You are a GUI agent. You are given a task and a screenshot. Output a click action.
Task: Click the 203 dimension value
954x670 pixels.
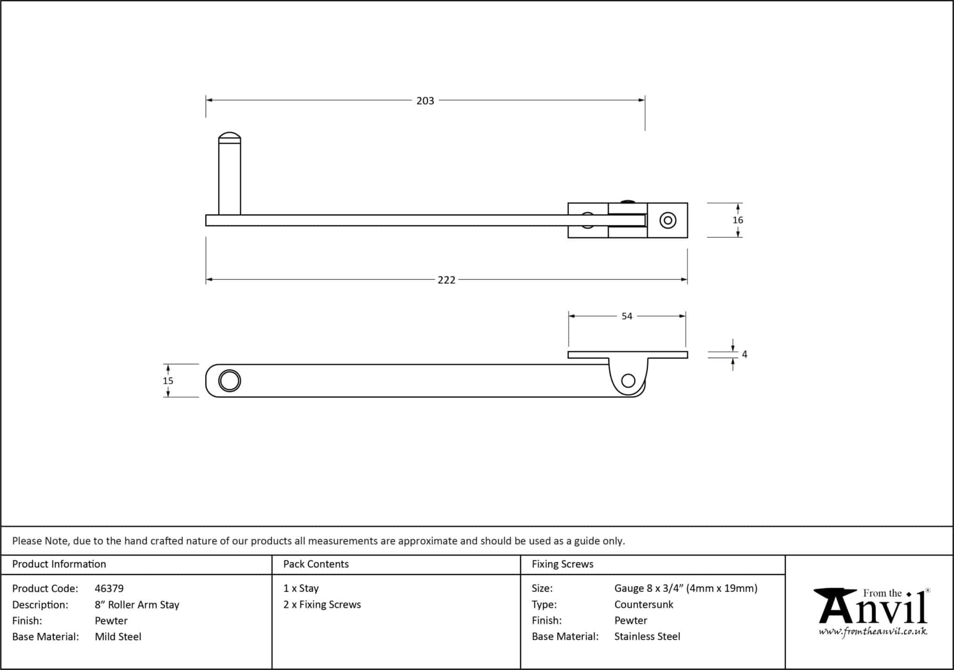[425, 101]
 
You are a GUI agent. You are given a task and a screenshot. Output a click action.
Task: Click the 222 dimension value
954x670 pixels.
[446, 280]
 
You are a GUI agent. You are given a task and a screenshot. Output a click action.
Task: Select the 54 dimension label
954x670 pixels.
[627, 316]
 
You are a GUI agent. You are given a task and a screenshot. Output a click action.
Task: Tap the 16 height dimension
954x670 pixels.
[737, 220]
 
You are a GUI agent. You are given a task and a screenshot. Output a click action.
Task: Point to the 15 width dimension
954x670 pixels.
[168, 381]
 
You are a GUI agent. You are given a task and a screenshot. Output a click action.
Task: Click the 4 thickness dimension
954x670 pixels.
[744, 355]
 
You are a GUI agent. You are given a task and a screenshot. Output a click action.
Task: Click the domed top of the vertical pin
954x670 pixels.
[230, 137]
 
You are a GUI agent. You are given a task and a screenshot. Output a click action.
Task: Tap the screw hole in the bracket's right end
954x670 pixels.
[668, 220]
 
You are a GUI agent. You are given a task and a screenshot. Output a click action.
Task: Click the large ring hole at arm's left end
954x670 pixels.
[230, 381]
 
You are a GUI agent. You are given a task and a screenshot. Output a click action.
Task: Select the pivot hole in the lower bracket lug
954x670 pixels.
[628, 381]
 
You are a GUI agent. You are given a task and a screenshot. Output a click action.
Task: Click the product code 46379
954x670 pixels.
[109, 589]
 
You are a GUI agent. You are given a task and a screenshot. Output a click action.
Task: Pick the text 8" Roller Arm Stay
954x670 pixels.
[137, 605]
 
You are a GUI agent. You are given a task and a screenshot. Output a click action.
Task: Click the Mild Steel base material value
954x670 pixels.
[118, 636]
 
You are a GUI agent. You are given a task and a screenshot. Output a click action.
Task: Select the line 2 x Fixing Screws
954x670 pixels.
[322, 604]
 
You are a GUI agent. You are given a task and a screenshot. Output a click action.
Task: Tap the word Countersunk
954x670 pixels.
[643, 604]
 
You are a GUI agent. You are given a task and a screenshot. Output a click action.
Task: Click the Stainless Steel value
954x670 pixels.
[647, 636]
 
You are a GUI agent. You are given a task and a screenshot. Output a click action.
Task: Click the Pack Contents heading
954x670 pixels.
[316, 564]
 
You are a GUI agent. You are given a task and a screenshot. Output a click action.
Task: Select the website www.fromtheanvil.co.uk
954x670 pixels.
[872, 632]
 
